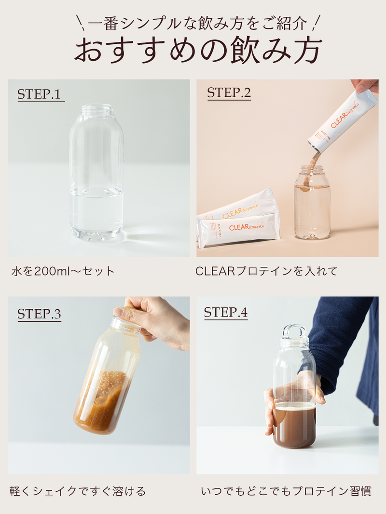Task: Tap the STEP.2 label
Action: click(229, 93)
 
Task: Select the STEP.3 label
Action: click(39, 314)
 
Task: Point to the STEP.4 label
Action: click(225, 312)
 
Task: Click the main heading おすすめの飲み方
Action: click(198, 51)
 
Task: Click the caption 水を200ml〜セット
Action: click(63, 271)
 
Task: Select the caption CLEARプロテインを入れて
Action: click(266, 271)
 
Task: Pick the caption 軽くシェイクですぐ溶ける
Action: click(77, 491)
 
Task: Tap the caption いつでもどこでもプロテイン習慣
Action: click(286, 491)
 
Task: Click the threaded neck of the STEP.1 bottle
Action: click(97, 110)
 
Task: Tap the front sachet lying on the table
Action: click(239, 229)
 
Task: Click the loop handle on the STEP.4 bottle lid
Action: click(294, 331)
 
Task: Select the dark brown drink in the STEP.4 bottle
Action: click(294, 426)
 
